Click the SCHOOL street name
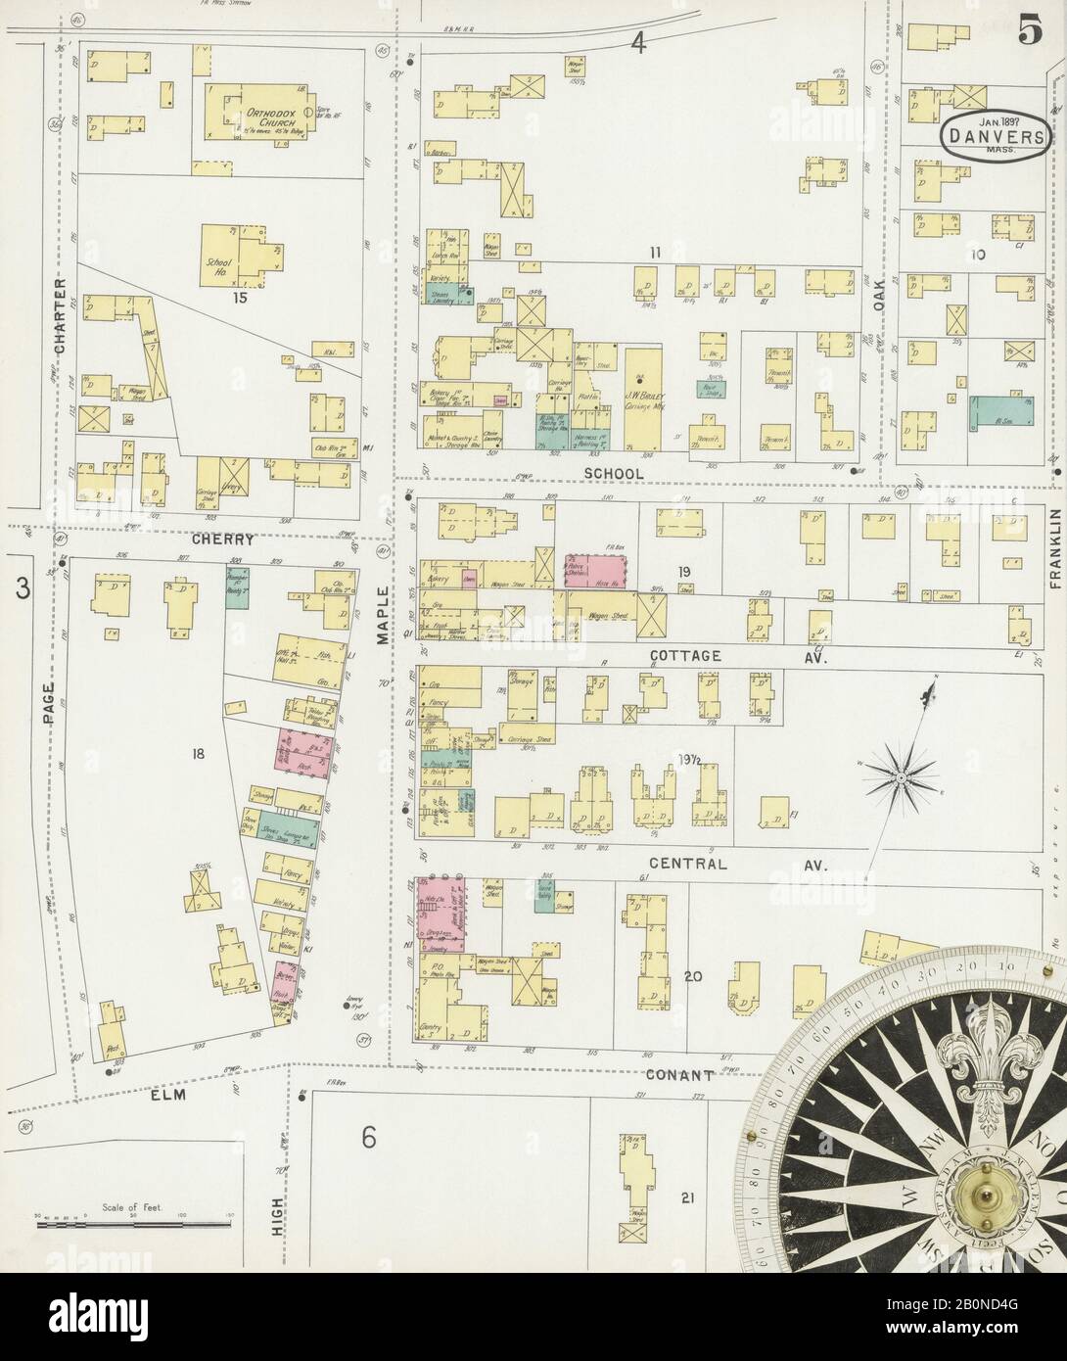tap(615, 474)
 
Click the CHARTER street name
tap(61, 315)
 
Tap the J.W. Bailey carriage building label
tap(643, 380)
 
